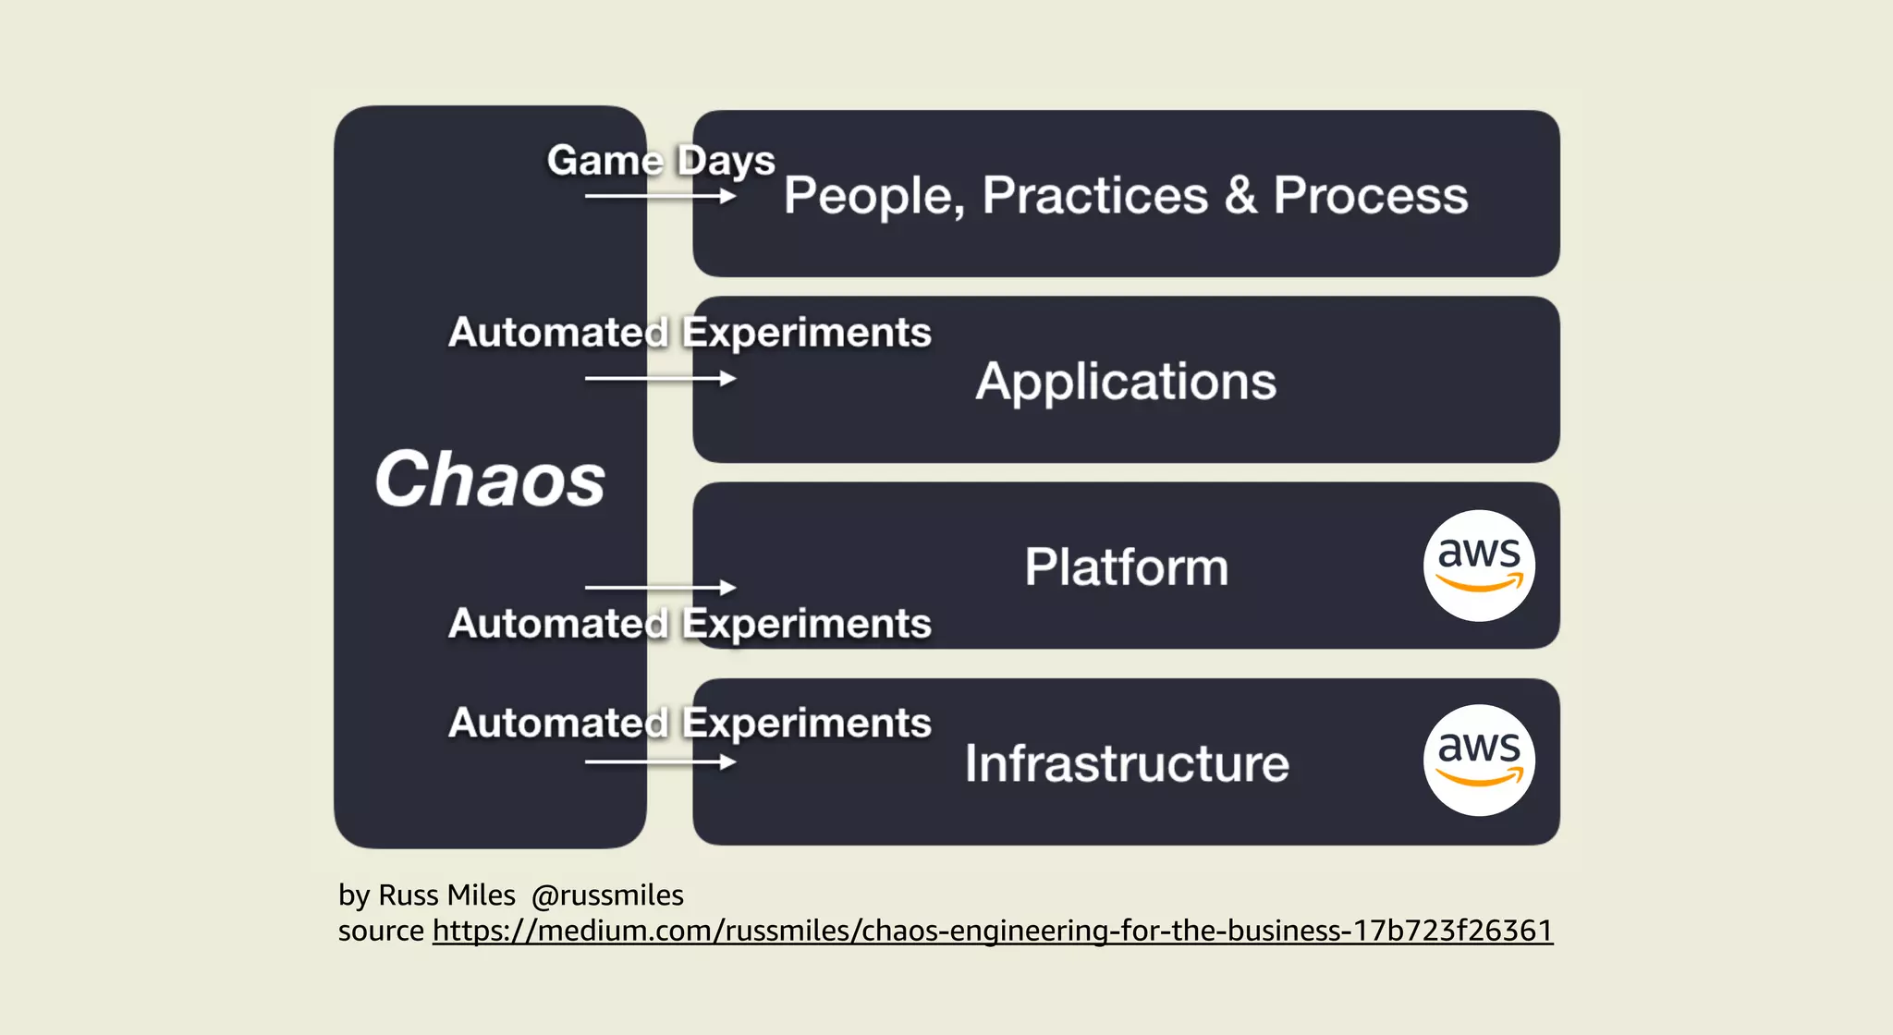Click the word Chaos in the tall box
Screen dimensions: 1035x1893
pos(490,479)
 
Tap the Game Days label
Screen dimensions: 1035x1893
pos(660,161)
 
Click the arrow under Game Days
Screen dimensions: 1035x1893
pos(660,196)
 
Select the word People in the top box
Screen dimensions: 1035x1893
pos(868,196)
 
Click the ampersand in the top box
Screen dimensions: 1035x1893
pos(1240,195)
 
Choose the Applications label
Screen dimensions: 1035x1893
pos(1126,381)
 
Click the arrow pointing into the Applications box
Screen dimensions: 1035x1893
pos(660,379)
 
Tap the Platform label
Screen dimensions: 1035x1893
pos(1126,566)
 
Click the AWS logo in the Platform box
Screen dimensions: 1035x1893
pos(1479,566)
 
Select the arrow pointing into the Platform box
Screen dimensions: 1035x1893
pos(660,588)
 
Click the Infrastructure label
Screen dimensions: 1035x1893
pos(1126,763)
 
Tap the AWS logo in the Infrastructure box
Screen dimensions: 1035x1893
pos(1479,760)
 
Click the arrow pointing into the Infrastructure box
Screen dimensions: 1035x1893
pos(660,762)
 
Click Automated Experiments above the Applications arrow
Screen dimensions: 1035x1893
pos(690,333)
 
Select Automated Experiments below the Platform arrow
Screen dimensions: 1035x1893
pos(690,624)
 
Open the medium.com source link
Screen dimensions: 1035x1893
pos(992,930)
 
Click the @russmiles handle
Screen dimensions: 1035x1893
pos(607,895)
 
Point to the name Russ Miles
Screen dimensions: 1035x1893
pos(446,895)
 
